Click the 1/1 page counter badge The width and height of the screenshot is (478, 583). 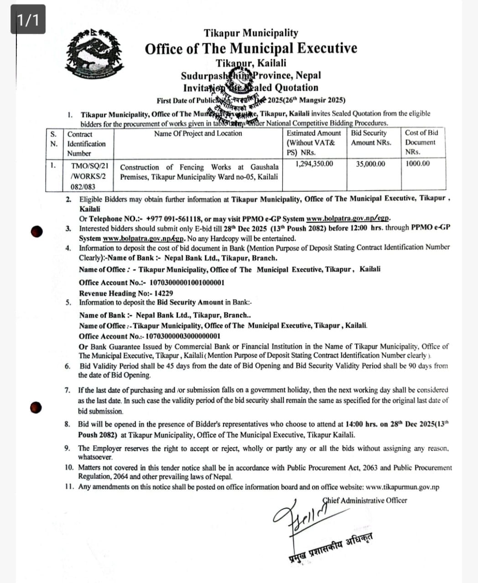pos(28,19)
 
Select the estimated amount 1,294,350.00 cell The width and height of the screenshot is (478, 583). pos(314,164)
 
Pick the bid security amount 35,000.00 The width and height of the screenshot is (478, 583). pos(370,164)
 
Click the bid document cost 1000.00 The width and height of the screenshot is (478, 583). pos(417,163)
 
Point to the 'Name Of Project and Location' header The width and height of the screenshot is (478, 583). pos(198,133)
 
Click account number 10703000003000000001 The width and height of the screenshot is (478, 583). pos(182,336)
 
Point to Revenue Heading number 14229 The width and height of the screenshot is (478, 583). pos(164,293)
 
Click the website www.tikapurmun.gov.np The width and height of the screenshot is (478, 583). pos(402,487)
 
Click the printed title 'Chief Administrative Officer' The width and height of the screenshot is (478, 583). pos(365,500)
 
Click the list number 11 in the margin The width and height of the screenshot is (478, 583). pos(69,487)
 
